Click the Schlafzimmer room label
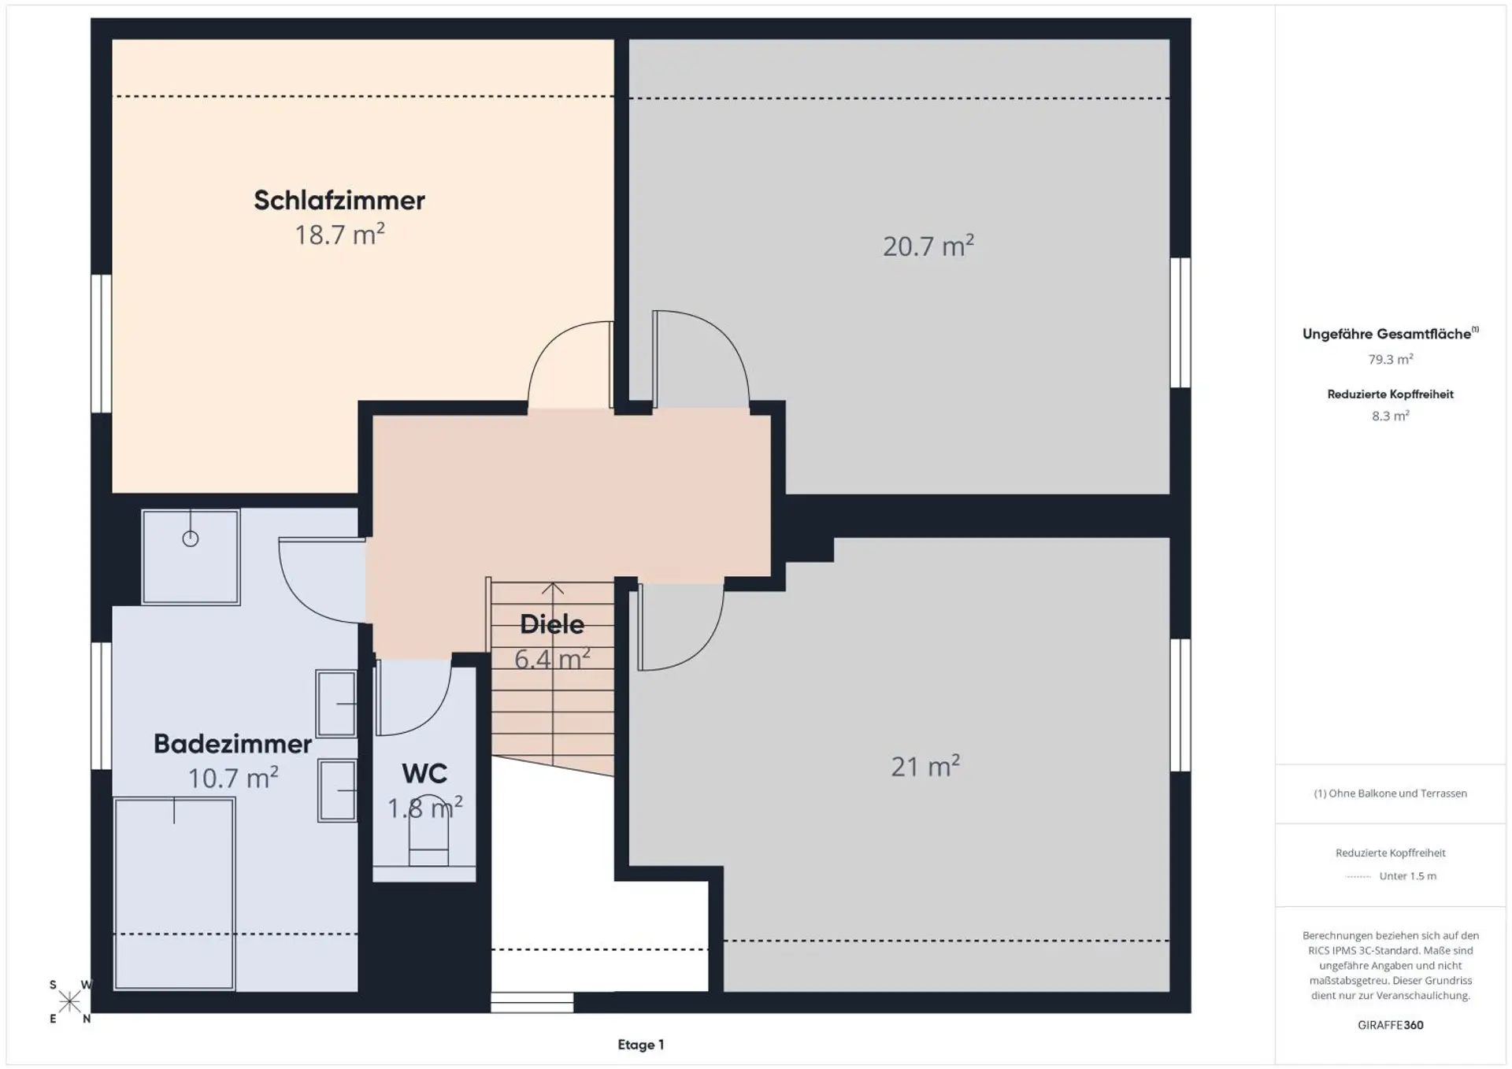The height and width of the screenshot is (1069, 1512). [x=339, y=201]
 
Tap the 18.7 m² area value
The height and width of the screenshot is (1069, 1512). [x=339, y=235]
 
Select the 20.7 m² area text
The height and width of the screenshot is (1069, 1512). [x=928, y=246]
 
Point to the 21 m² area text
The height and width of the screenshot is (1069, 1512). [x=925, y=766]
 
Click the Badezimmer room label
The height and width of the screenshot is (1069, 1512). [x=232, y=744]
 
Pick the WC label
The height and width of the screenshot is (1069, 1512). [x=424, y=774]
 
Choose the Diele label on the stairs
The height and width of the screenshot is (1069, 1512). [x=552, y=624]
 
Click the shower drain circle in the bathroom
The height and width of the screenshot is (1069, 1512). [x=191, y=538]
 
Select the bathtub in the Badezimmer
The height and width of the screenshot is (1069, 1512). [x=174, y=893]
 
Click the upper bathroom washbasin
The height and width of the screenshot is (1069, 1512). [x=336, y=704]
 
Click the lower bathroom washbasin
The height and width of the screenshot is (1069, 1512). [x=337, y=790]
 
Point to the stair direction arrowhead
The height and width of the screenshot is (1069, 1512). [x=553, y=588]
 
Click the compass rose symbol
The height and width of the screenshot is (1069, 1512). [x=70, y=1002]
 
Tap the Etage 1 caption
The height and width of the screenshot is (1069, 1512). [x=641, y=1045]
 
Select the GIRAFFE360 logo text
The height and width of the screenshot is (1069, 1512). [x=1391, y=1025]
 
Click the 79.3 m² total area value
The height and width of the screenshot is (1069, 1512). [x=1391, y=359]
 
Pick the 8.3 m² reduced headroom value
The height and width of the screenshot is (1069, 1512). [x=1391, y=416]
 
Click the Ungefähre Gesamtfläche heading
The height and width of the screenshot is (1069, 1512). [x=1391, y=334]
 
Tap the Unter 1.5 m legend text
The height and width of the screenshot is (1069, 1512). [x=1408, y=876]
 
